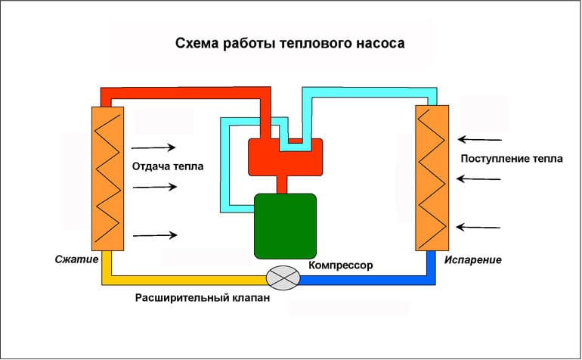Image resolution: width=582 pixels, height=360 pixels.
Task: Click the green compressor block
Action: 285,225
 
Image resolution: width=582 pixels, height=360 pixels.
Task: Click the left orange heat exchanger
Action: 108,178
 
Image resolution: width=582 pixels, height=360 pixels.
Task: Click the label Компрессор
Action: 341,266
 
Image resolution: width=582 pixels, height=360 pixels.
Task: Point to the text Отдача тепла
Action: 168,166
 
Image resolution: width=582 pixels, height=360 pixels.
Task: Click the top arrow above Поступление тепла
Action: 481,139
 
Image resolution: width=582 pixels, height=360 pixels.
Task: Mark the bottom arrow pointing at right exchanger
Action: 481,226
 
